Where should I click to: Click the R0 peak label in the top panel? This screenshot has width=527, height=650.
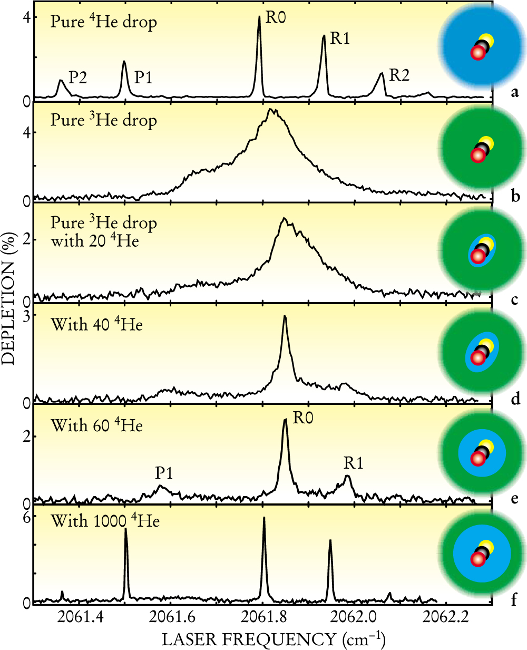click(276, 17)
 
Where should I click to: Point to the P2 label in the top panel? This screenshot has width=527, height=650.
click(77, 77)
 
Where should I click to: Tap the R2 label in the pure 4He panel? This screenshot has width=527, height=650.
click(399, 75)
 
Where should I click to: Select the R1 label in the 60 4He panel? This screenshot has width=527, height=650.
click(354, 463)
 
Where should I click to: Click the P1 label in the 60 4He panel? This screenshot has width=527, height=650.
click(164, 473)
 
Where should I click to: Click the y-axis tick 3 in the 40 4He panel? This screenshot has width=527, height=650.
click(25, 315)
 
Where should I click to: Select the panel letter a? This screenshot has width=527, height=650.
click(515, 93)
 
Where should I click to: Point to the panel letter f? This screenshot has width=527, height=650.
click(514, 599)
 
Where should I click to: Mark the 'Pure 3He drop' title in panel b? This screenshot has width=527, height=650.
click(104, 120)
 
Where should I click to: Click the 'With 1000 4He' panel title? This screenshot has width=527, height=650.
click(105, 521)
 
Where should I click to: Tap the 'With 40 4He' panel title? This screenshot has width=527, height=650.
click(96, 324)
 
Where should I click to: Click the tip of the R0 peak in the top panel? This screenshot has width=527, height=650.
click(259, 16)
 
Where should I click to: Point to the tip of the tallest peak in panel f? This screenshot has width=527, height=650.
click(263, 518)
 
